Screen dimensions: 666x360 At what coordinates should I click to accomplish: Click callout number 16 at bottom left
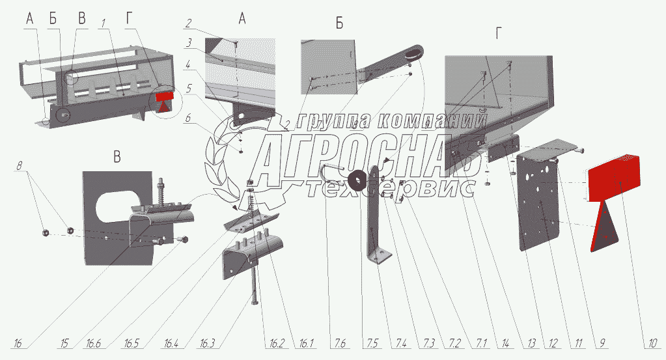(18, 343)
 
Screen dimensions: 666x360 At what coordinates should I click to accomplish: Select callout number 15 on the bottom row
(64, 343)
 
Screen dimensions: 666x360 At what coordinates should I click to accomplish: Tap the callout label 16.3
(207, 343)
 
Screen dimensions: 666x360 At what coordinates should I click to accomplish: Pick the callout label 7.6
(338, 343)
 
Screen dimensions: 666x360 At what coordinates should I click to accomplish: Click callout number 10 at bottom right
(653, 343)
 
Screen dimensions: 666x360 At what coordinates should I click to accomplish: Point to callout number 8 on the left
(19, 165)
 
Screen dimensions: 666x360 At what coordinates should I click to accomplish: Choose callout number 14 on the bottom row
(505, 343)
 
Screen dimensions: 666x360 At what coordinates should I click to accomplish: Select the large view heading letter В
(117, 157)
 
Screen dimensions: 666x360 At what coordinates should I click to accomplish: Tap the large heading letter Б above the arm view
(339, 23)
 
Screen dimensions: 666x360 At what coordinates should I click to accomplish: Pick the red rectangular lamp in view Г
(614, 178)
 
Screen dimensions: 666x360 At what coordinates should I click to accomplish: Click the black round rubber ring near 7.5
(357, 180)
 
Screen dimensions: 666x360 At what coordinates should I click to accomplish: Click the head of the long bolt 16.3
(255, 301)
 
